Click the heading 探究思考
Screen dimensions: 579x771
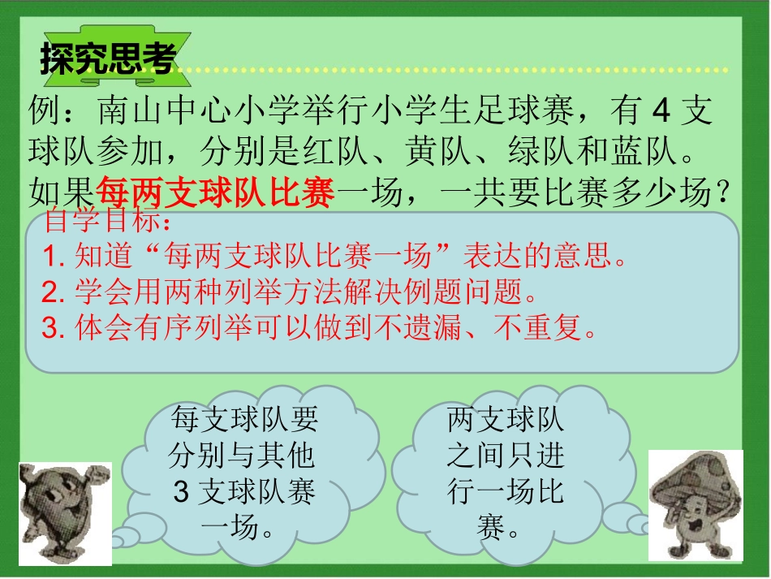pos(108,58)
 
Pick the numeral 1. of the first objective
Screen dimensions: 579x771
pos(54,258)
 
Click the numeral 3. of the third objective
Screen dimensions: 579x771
pos(54,327)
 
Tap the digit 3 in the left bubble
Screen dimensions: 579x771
pos(180,492)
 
